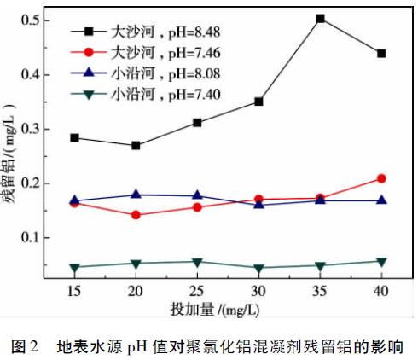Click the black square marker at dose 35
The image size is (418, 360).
pyautogui.click(x=320, y=18)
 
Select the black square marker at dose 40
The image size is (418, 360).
pyautogui.click(x=381, y=53)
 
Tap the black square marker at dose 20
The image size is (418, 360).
pyautogui.click(x=136, y=145)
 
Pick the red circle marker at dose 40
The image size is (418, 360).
pyautogui.click(x=381, y=178)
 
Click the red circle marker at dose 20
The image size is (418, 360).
pyautogui.click(x=136, y=215)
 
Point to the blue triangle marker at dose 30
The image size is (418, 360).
pyautogui.click(x=258, y=204)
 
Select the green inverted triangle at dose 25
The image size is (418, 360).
pyautogui.click(x=197, y=262)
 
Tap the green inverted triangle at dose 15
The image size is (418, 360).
pyautogui.click(x=75, y=268)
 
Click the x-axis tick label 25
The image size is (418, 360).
pyautogui.click(x=197, y=292)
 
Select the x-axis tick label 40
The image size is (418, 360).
pyautogui.click(x=381, y=292)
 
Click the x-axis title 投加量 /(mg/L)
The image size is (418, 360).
pyautogui.click(x=228, y=308)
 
